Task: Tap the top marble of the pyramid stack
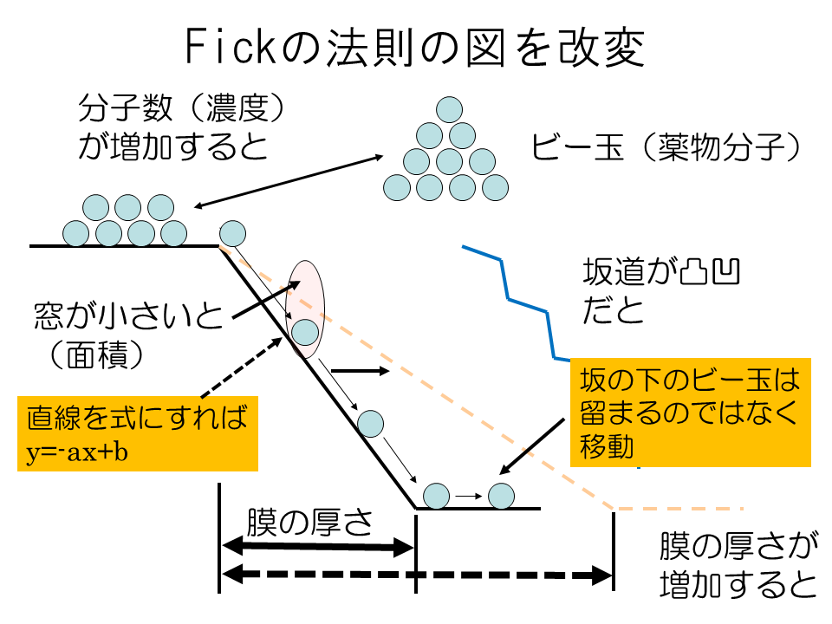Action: click(448, 110)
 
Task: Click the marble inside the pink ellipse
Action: click(304, 332)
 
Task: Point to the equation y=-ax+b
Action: click(73, 452)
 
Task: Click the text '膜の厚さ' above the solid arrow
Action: click(309, 522)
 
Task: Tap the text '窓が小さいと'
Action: click(127, 315)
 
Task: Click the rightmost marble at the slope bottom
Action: click(502, 496)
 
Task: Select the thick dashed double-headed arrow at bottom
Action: click(417, 574)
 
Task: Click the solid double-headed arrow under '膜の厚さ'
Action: click(319, 546)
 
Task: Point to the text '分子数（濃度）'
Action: click(181, 109)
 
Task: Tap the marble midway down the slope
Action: click(370, 422)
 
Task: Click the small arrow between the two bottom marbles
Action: click(468, 497)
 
